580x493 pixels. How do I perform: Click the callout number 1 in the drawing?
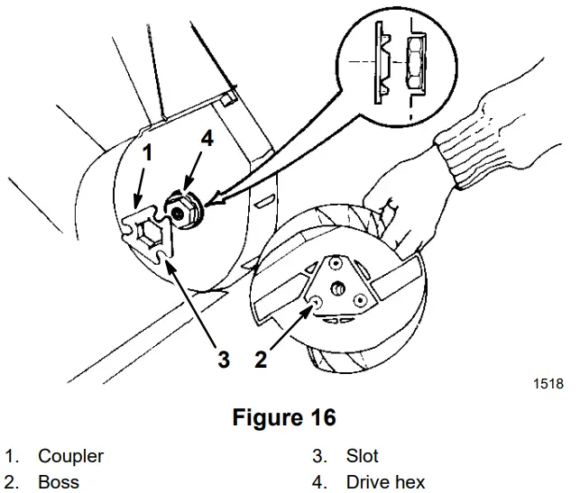[x=146, y=152]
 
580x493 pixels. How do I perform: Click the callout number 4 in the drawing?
[x=207, y=140]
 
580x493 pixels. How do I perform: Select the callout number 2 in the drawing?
[x=261, y=361]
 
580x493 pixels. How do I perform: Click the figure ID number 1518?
[x=548, y=383]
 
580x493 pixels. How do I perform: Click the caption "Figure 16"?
[x=283, y=417]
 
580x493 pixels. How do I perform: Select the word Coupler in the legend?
[x=70, y=456]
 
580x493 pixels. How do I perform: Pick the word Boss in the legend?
[x=58, y=482]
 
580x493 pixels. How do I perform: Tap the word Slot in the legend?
[x=362, y=456]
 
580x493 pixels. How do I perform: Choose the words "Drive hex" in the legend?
[x=385, y=482]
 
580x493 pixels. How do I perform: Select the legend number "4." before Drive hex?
[x=320, y=482]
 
